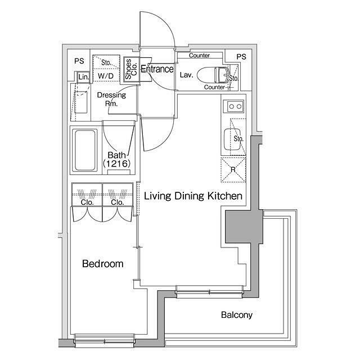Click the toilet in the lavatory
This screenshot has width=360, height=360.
(213, 75)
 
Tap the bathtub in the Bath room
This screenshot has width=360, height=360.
(85, 150)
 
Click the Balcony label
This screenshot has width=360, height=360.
(237, 315)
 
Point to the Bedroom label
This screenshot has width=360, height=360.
(102, 264)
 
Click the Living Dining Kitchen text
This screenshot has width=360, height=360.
(193, 196)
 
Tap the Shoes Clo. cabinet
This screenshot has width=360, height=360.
(131, 69)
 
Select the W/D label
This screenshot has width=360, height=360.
(106, 76)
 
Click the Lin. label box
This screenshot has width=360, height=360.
(83, 77)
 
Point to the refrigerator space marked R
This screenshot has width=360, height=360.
(233, 170)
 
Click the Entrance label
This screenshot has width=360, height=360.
(157, 69)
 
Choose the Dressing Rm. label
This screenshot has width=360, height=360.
(111, 99)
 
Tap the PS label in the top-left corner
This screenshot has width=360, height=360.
(79, 61)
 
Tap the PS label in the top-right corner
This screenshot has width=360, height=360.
(241, 57)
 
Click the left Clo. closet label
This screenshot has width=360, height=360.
(87, 202)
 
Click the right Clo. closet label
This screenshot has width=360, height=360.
(118, 202)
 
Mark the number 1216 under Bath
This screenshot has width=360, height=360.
(117, 164)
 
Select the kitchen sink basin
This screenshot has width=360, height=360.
(232, 139)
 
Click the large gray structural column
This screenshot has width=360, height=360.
(244, 227)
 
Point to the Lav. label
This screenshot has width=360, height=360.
(186, 75)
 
